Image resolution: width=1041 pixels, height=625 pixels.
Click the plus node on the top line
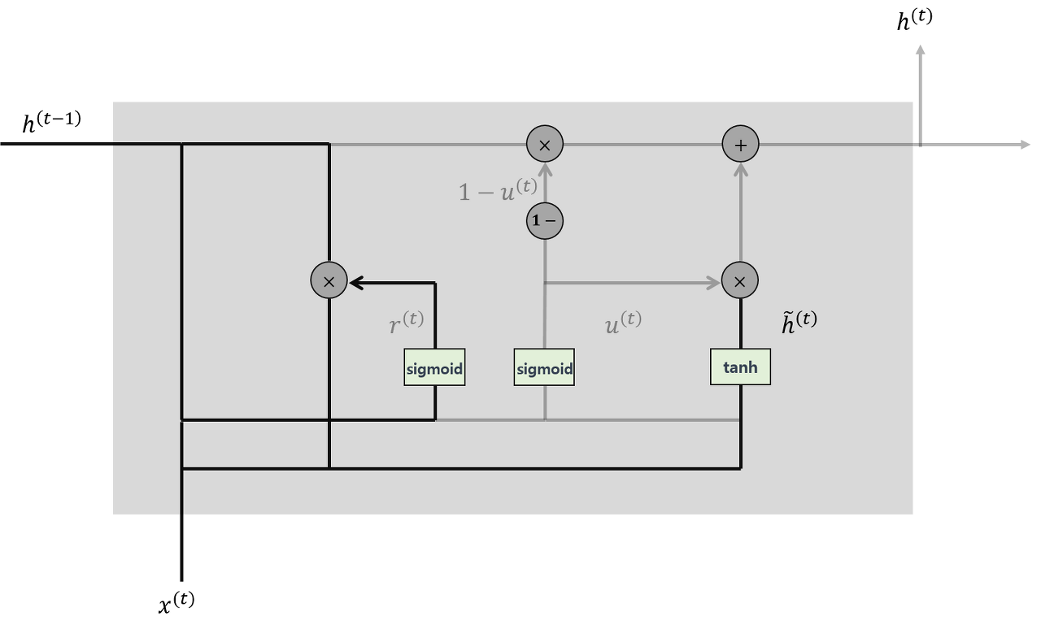pyautogui.click(x=740, y=145)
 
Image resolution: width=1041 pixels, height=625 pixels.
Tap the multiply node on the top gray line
pyautogui.click(x=545, y=145)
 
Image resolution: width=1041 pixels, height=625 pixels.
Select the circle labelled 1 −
pyautogui.click(x=545, y=220)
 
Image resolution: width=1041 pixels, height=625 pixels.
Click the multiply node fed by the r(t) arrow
pyautogui.click(x=329, y=280)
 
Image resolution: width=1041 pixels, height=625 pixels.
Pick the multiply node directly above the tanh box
pyautogui.click(x=740, y=280)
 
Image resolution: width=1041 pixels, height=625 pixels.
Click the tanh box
pyautogui.click(x=740, y=367)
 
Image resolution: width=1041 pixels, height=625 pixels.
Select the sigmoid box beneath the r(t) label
pyautogui.click(x=434, y=368)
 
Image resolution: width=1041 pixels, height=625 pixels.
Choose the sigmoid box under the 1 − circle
pyautogui.click(x=544, y=368)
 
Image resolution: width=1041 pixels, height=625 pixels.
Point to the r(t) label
pyautogui.click(x=407, y=323)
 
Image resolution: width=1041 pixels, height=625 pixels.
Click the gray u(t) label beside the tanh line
pyautogui.click(x=623, y=323)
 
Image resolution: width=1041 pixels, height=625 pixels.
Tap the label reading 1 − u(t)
pyautogui.click(x=498, y=190)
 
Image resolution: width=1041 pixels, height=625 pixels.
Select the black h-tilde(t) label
pyautogui.click(x=799, y=323)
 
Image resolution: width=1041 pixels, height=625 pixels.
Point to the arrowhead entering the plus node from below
pyautogui.click(x=740, y=169)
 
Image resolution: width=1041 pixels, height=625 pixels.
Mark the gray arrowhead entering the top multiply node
pyautogui.click(x=545, y=169)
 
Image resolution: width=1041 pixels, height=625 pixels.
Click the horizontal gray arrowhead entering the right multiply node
pyautogui.click(x=715, y=283)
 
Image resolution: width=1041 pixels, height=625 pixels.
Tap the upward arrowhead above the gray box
pyautogui.click(x=920, y=51)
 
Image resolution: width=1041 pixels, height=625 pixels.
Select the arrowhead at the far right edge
pyautogui.click(x=1025, y=145)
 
